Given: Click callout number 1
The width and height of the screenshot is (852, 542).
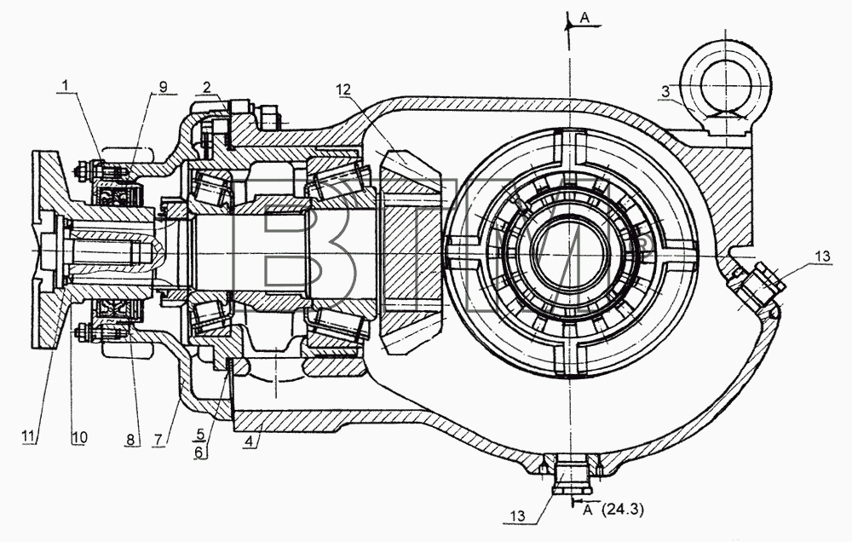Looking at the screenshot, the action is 66,86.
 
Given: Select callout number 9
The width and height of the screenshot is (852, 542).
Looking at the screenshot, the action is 163,86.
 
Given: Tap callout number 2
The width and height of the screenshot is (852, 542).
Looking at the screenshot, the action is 206,87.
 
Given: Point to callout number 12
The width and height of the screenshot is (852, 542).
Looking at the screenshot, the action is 343,89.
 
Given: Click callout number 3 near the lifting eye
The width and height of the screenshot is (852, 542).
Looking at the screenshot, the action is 665,92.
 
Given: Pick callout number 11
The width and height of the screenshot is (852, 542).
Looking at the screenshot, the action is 29,436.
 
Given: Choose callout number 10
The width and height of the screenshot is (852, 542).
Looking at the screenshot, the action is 79,437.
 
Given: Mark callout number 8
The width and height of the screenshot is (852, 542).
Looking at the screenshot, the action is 131,438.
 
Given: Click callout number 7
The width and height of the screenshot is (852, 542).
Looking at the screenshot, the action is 158,439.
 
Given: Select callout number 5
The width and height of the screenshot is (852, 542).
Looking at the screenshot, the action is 200,435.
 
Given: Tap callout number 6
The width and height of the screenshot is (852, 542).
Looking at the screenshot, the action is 199,452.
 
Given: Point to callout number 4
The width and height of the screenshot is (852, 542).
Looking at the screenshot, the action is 249,441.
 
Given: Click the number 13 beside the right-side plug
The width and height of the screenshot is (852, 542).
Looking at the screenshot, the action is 823,256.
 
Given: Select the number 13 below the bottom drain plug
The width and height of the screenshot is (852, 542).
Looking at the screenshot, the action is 518,516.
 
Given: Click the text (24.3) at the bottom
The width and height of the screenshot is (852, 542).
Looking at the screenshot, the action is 622,510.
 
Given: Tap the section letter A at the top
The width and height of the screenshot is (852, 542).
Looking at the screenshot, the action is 584,18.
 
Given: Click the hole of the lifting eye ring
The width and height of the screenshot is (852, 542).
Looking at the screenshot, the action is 726,85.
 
